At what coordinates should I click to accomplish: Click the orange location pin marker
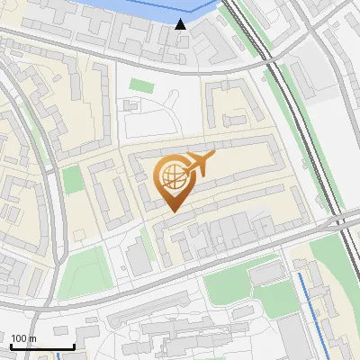tap(173, 180)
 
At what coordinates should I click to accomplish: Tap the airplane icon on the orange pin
tap(197, 165)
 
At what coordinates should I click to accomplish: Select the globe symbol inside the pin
tap(172, 175)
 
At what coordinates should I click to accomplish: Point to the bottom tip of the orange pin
tap(173, 211)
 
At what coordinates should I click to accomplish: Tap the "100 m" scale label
tap(23, 338)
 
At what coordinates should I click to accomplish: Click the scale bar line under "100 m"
tap(41, 346)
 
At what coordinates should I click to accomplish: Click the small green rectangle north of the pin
tap(142, 85)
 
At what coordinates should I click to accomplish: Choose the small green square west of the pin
tap(73, 179)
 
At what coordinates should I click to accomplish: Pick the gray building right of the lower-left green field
tap(139, 257)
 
